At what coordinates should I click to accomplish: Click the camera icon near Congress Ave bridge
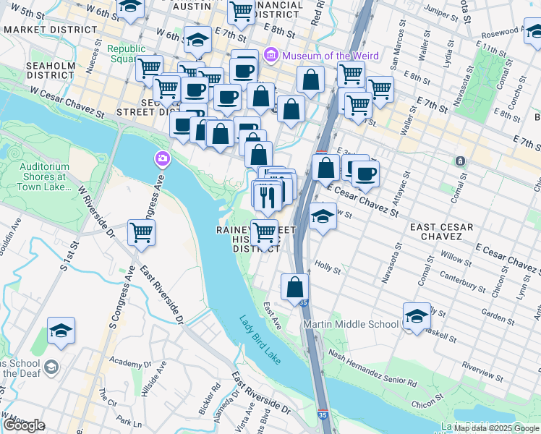(x=161, y=158)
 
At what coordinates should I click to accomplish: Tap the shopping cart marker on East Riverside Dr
(x=141, y=233)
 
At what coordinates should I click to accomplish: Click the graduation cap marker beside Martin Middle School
(x=417, y=316)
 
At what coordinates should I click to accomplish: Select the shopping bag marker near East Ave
(x=295, y=286)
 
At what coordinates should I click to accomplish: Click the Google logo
(x=24, y=425)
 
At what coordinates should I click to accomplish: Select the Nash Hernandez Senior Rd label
(x=372, y=367)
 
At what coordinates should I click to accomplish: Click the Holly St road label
(x=328, y=268)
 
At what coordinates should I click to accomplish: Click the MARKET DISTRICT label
(x=50, y=30)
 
